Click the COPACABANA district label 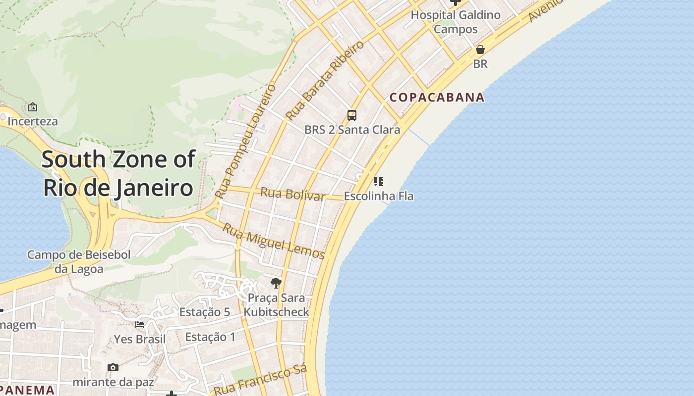pyautogui.click(x=437, y=97)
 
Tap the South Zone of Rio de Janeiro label pyautogui.click(x=118, y=174)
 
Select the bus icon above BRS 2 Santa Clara pyautogui.click(x=352, y=115)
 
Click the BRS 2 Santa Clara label pyautogui.click(x=352, y=130)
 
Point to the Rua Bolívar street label pyautogui.click(x=293, y=194)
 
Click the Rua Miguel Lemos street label pyautogui.click(x=273, y=242)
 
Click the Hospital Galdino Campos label pyautogui.click(x=456, y=22)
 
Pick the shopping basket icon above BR pyautogui.click(x=480, y=49)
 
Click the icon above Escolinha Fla pyautogui.click(x=379, y=182)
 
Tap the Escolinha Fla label pyautogui.click(x=379, y=196)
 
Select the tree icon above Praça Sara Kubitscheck pyautogui.click(x=276, y=283)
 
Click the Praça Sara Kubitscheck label pyautogui.click(x=276, y=305)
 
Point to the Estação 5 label pyautogui.click(x=205, y=312)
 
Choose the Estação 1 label pyautogui.click(x=210, y=337)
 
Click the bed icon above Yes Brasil pyautogui.click(x=140, y=325)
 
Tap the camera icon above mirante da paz pyautogui.click(x=113, y=367)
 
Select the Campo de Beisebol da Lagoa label pyautogui.click(x=79, y=262)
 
